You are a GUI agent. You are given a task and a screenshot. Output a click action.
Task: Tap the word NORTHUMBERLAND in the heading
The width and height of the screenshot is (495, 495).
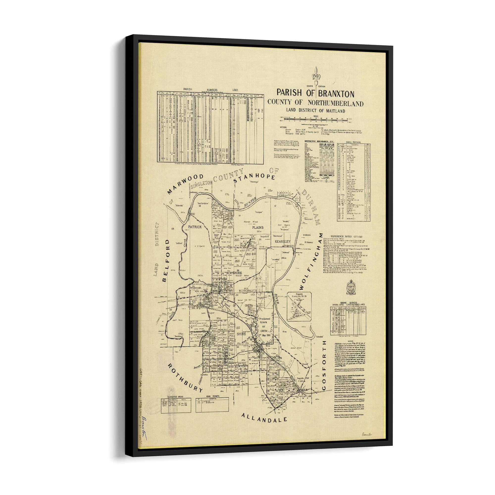coord(335,103)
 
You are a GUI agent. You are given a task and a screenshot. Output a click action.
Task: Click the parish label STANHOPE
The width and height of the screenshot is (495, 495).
coord(254,179)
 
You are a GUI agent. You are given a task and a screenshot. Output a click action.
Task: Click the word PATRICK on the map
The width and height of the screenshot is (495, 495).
coord(195,227)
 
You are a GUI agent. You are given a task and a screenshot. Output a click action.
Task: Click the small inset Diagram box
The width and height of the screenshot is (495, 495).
coord(299,307)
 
